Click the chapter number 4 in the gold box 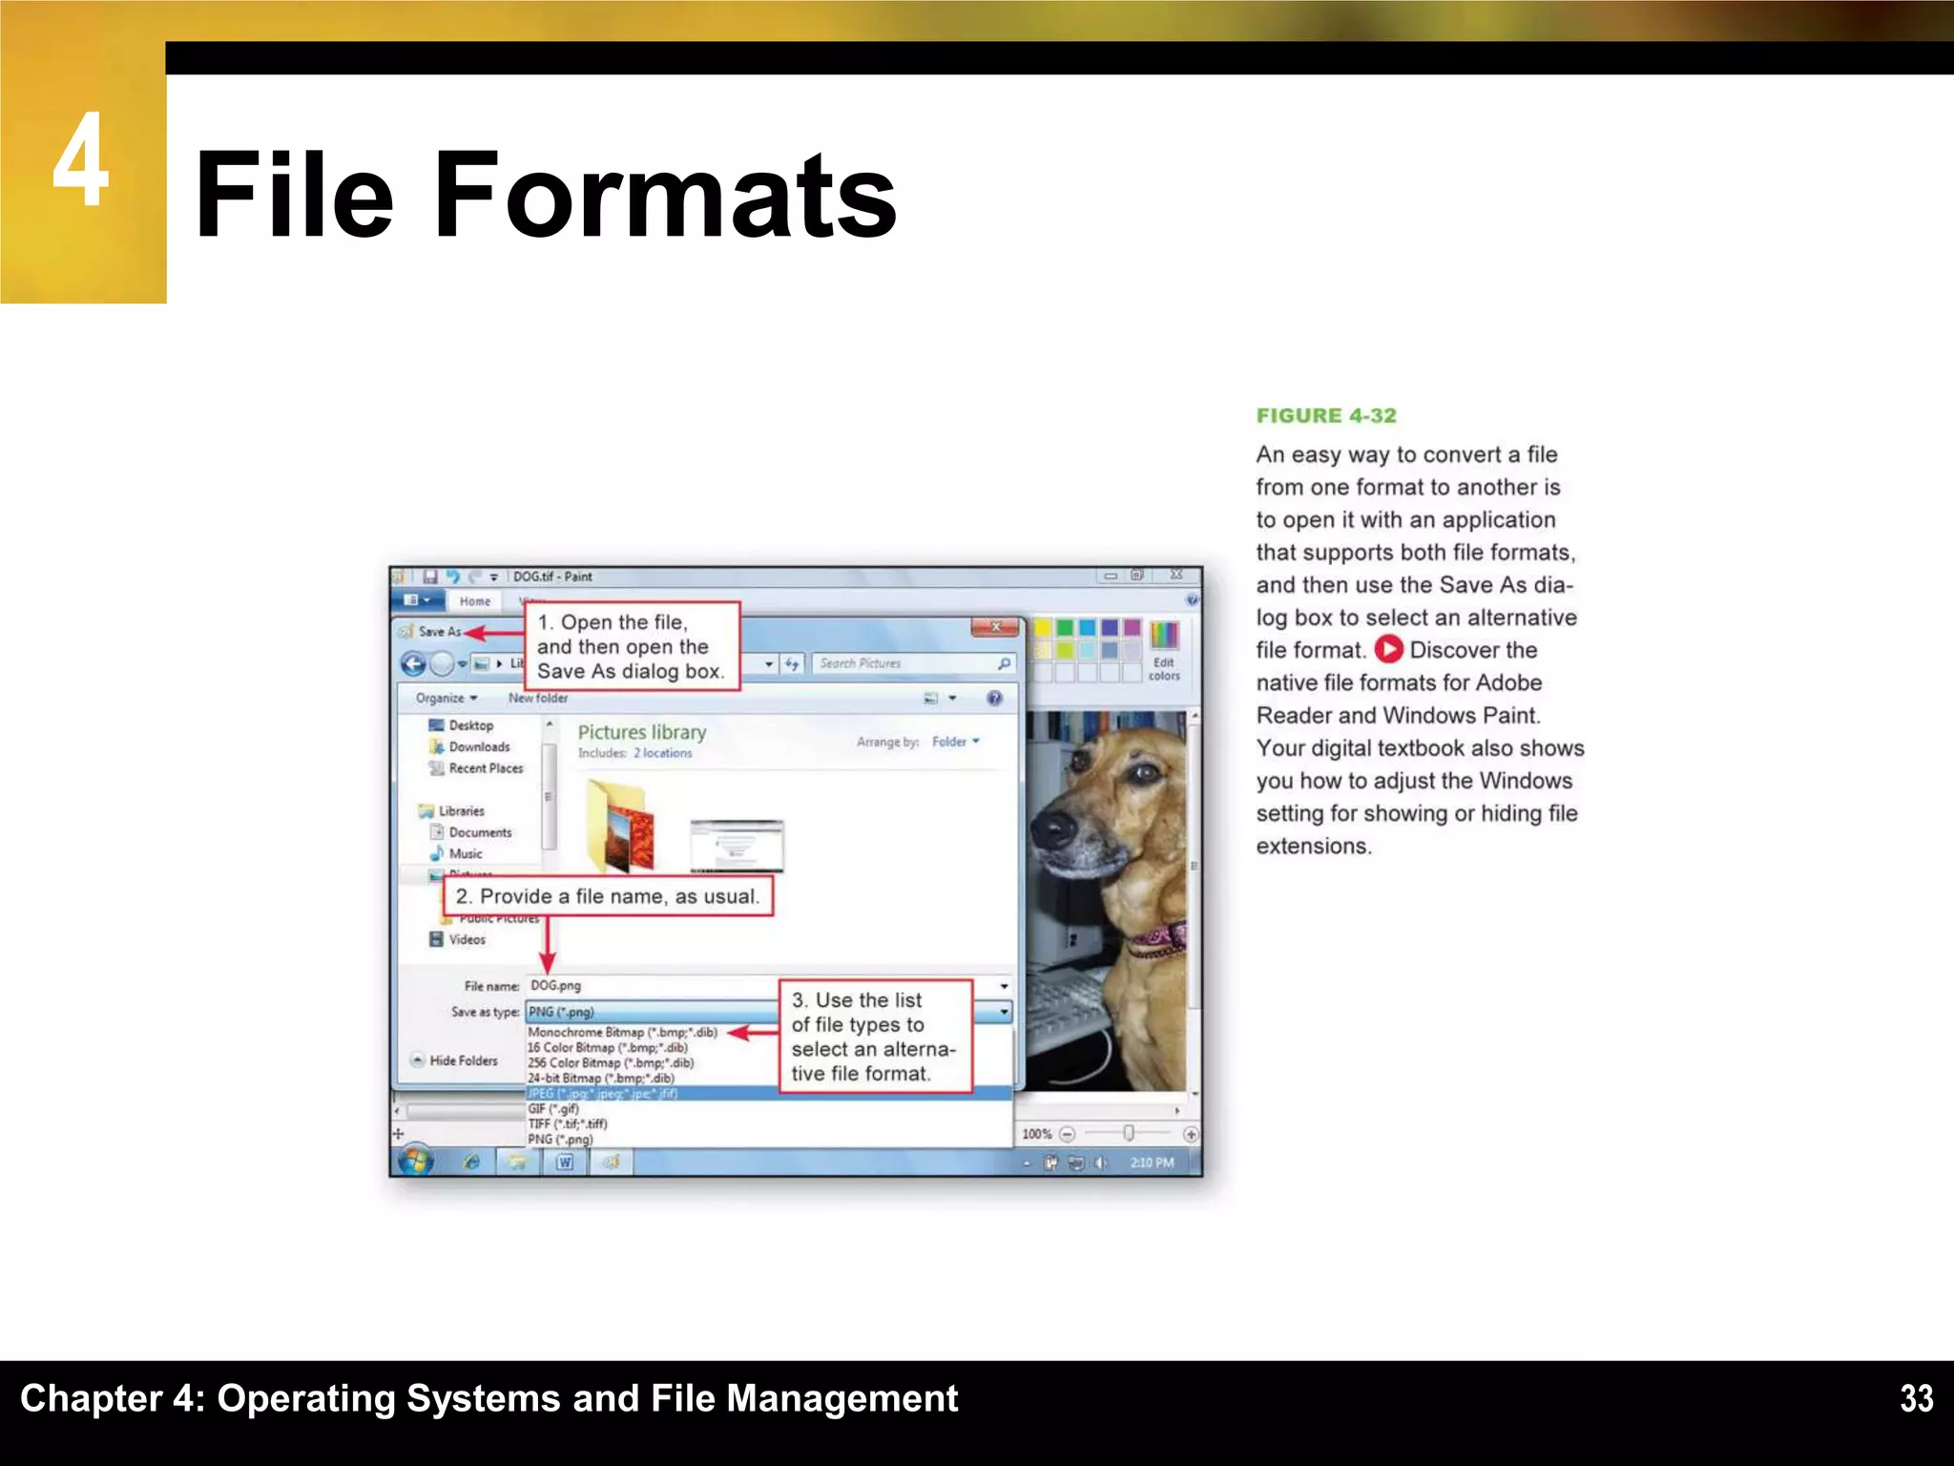[81, 159]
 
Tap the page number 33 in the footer [1916, 1398]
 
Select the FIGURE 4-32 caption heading [1325, 415]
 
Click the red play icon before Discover [1388, 650]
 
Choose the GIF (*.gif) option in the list [553, 1109]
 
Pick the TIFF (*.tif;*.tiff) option [568, 1124]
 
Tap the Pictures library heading [642, 732]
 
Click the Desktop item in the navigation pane [470, 725]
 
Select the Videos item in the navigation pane [467, 939]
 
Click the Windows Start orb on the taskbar [415, 1162]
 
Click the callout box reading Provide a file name [608, 896]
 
